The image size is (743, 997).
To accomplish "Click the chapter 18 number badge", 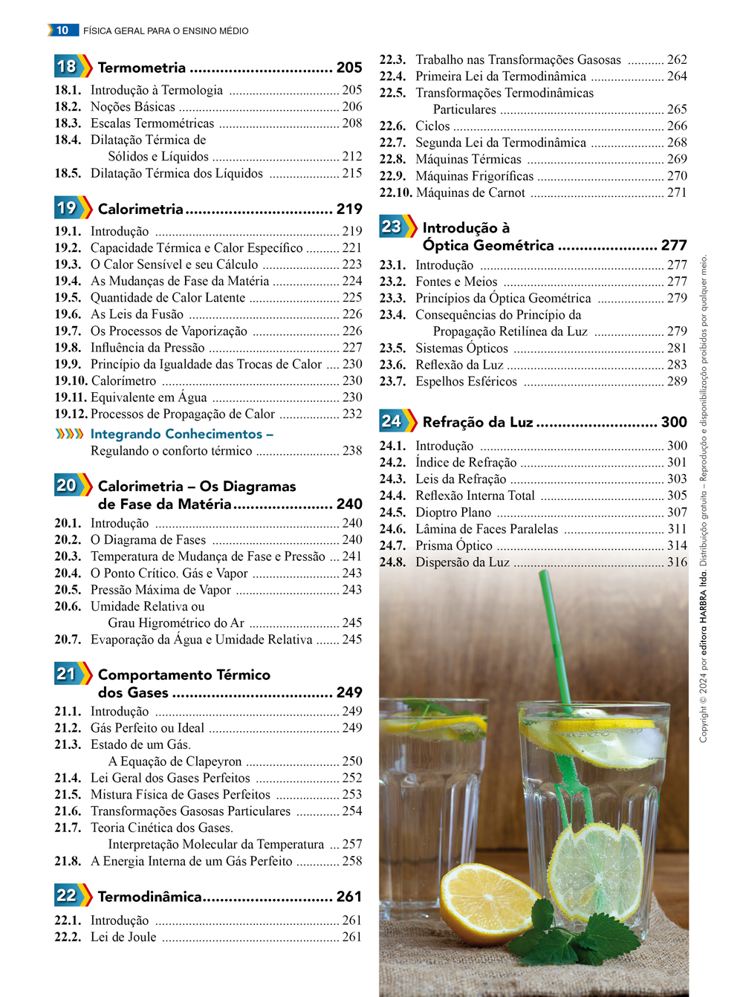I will [67, 66].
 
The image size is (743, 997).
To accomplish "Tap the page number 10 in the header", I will [62, 30].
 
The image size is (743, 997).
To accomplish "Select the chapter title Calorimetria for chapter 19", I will [140, 209].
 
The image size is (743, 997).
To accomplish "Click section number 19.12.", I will [71, 414].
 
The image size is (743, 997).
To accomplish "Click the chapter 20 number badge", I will [67, 485].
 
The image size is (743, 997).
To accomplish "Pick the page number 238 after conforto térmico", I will [352, 450].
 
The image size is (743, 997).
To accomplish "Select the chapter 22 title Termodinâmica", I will [149, 897].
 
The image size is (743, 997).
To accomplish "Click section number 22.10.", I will [395, 192].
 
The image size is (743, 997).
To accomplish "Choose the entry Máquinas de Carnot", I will [470, 192].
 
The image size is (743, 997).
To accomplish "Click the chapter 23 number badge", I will [392, 227].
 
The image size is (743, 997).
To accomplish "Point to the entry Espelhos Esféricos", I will [466, 381].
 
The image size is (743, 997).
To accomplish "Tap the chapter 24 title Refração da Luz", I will [477, 422].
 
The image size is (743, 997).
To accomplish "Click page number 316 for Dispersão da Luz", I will [677, 562].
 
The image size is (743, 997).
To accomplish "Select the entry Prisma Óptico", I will [454, 545].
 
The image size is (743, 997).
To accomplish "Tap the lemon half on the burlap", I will [487, 900].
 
